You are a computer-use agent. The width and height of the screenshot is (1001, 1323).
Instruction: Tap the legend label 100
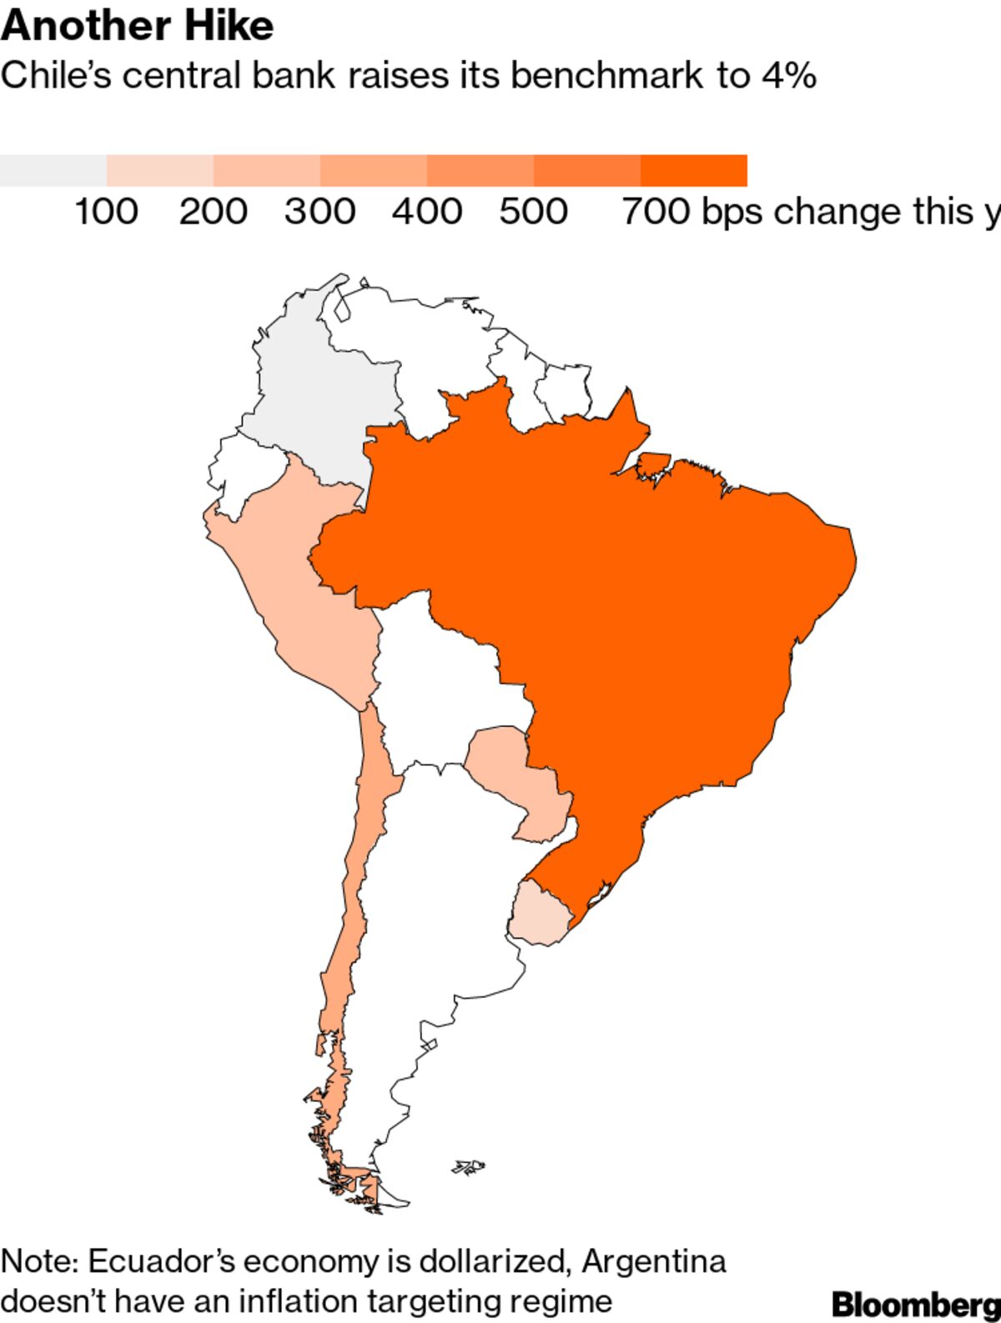[106, 212]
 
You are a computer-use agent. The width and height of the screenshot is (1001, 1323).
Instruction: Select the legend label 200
[213, 212]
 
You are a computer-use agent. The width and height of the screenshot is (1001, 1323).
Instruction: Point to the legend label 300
[319, 212]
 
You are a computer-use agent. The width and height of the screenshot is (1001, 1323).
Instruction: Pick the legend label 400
[427, 212]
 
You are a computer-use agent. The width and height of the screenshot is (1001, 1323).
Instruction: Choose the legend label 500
[534, 212]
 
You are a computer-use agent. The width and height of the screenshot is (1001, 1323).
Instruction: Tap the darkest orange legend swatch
[693, 171]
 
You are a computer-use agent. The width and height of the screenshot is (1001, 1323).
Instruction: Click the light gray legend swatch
[53, 171]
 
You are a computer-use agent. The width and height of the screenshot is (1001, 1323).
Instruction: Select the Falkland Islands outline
[469, 1166]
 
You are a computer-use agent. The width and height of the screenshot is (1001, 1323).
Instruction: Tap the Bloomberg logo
[916, 1303]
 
